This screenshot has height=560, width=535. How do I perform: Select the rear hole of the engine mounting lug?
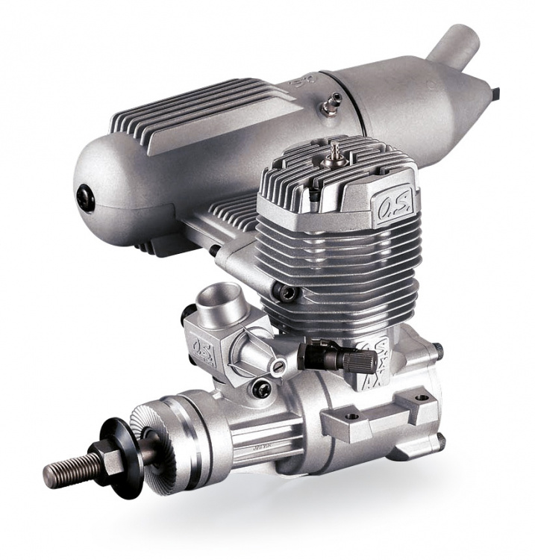419,398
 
